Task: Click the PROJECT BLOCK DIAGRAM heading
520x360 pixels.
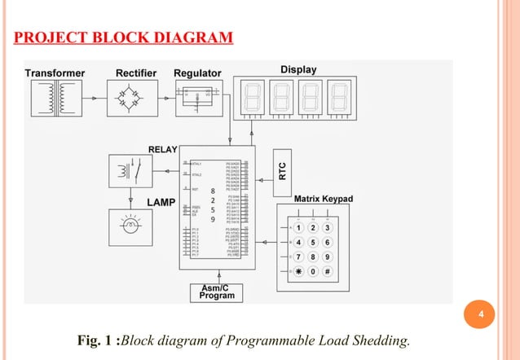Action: pyautogui.click(x=122, y=38)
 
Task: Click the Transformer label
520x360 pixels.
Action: pyautogui.click(x=55, y=72)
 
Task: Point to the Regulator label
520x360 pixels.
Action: pyautogui.click(x=197, y=72)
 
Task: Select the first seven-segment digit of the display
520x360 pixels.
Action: pyautogui.click(x=250, y=98)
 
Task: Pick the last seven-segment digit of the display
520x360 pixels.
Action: pyautogui.click(x=341, y=98)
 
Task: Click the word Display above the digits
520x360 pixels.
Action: pyautogui.click(x=298, y=70)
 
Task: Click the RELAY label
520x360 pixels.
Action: pyautogui.click(x=163, y=149)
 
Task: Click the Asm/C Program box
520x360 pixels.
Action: pyautogui.click(x=216, y=292)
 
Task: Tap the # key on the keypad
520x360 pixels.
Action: pyautogui.click(x=327, y=271)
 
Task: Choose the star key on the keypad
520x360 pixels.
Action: pyautogui.click(x=299, y=271)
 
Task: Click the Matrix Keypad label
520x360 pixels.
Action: pyautogui.click(x=324, y=198)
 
